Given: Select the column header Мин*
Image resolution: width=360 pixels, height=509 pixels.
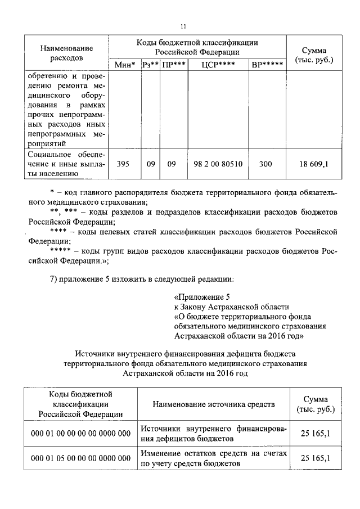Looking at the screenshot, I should pos(125,65).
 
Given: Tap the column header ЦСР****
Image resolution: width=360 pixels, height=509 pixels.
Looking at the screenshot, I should pos(217,65).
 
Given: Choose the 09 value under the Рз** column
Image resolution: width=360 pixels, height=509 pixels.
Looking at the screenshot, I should pos(150,164).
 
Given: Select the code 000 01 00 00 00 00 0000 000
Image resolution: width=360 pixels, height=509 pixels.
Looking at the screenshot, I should pos(80,433).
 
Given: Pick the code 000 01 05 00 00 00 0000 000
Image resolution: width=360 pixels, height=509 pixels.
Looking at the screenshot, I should pos(80,458).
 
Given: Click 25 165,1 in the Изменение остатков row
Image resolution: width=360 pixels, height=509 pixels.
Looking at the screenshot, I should pos(314,458).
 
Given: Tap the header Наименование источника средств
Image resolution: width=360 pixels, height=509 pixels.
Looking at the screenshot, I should pos(213,404).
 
